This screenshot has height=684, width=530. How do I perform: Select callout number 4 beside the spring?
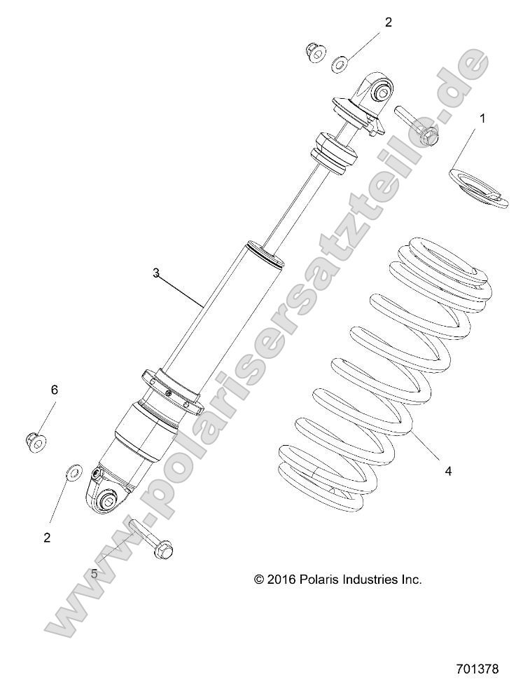(447, 471)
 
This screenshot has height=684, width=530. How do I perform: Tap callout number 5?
(94, 573)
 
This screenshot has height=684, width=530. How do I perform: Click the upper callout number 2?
(388, 22)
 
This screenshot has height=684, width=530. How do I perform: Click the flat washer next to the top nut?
(339, 64)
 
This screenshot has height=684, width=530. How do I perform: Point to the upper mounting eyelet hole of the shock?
(383, 90)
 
